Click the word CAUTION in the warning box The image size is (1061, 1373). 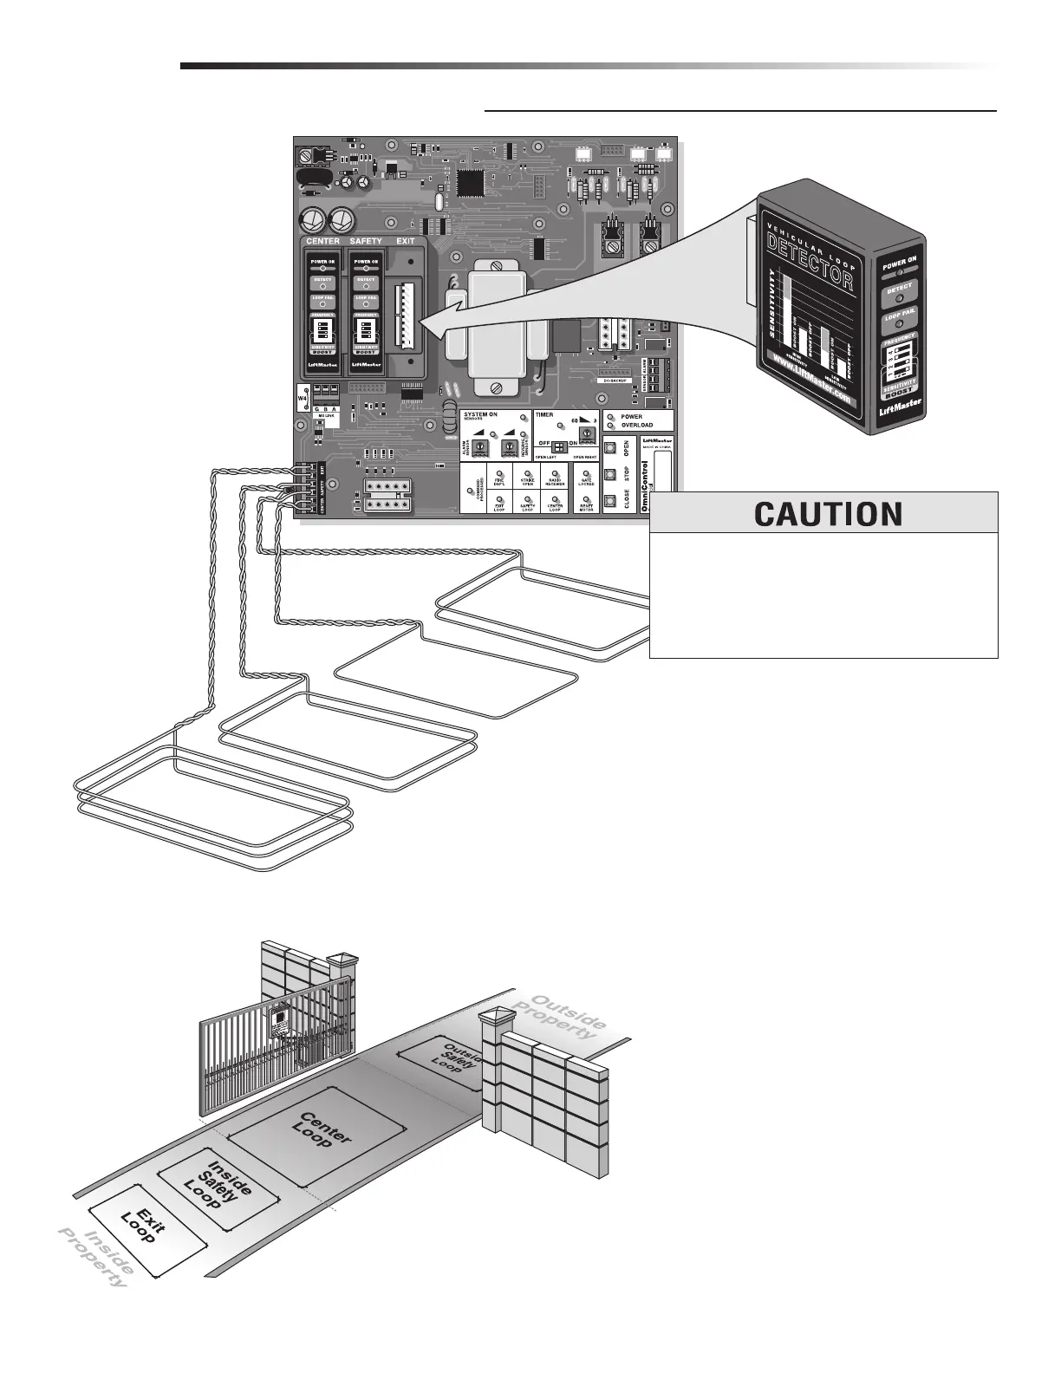(828, 514)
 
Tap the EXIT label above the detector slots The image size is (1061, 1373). (405, 241)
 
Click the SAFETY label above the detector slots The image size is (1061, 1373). (365, 241)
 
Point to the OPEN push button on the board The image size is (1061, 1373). (612, 448)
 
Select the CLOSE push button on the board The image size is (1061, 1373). (612, 500)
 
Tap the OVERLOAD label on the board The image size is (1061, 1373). (637, 426)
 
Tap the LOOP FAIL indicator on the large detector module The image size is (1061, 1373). (899, 319)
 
